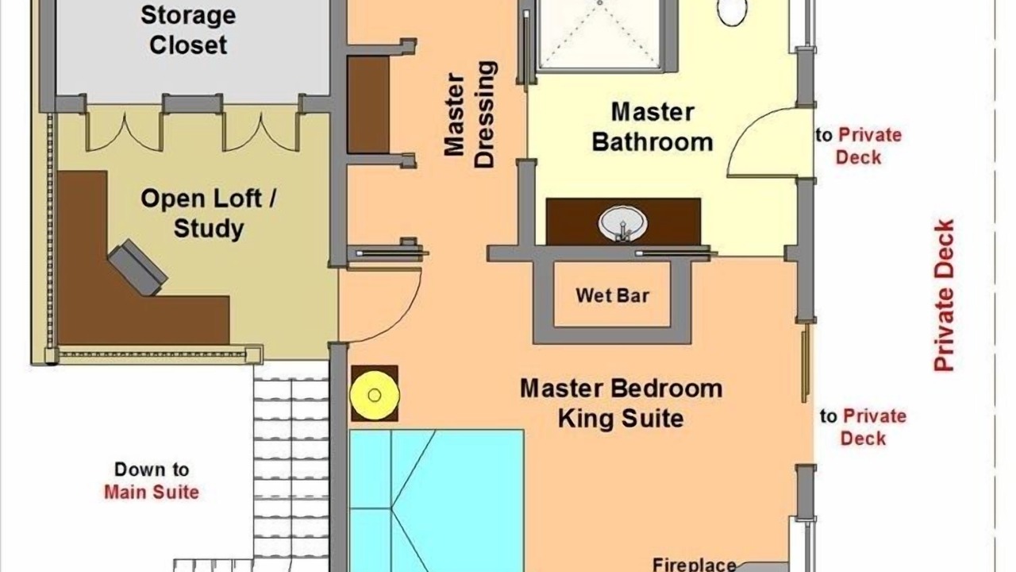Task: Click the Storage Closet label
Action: (x=188, y=30)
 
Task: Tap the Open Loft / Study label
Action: (x=209, y=214)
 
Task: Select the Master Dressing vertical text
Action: (x=469, y=115)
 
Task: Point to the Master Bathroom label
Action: (x=652, y=127)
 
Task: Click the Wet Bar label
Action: (x=612, y=296)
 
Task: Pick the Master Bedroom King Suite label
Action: (x=621, y=403)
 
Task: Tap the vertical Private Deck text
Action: (x=945, y=296)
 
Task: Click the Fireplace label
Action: (x=694, y=564)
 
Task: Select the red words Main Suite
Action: (x=152, y=492)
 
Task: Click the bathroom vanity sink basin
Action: (x=622, y=223)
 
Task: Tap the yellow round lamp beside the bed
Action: (x=375, y=396)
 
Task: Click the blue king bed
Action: (x=437, y=500)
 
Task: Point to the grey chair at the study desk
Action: (x=137, y=268)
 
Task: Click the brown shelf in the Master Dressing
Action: (x=368, y=104)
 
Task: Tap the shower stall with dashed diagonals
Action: (x=600, y=34)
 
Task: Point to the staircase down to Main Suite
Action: (x=291, y=468)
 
